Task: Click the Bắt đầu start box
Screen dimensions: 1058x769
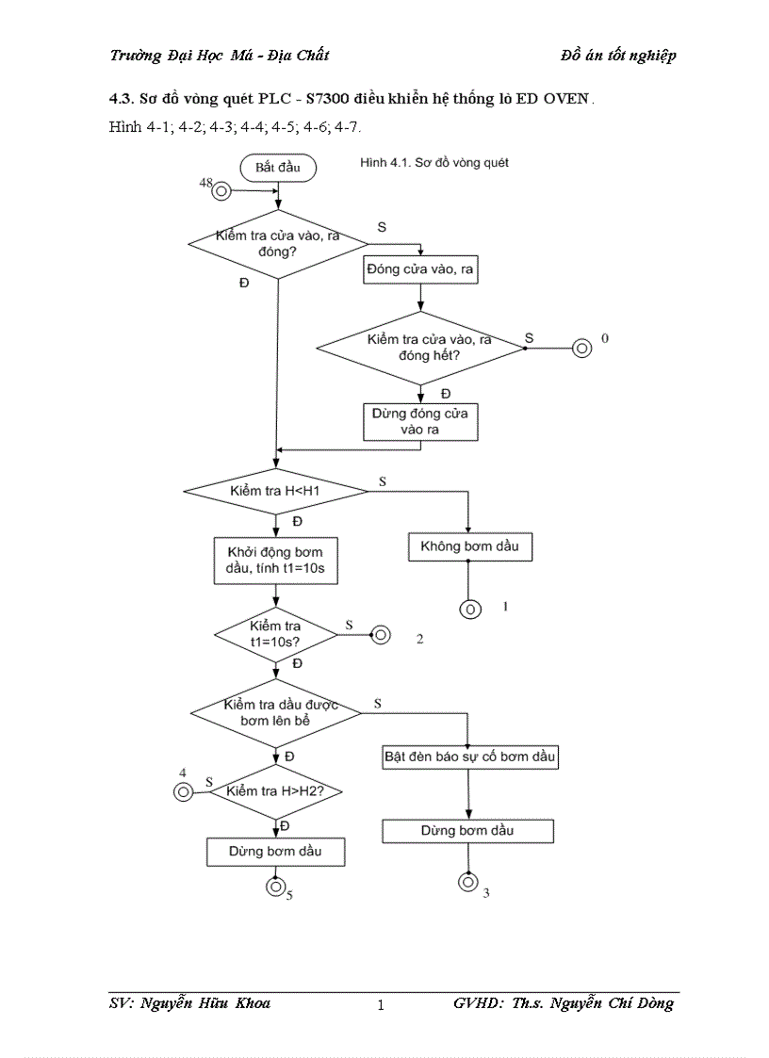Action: click(277, 168)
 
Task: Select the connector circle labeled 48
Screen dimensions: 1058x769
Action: click(222, 191)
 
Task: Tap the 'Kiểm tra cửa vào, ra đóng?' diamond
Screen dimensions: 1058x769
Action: click(278, 244)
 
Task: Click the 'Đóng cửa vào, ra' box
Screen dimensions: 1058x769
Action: click(419, 270)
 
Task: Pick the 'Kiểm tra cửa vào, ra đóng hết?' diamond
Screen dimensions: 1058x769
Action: click(419, 348)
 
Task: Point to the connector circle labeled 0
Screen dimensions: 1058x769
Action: click(581, 349)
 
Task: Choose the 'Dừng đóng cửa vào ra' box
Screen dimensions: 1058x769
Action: click(419, 421)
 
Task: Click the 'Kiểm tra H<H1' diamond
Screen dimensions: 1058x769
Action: click(275, 491)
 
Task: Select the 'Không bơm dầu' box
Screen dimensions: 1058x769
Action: click(468, 545)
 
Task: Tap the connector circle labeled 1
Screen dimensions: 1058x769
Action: click(469, 609)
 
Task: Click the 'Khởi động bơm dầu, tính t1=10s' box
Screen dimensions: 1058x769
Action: click(275, 562)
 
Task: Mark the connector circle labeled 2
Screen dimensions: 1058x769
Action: click(382, 635)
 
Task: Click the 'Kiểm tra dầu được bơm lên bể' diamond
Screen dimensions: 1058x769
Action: click(276, 713)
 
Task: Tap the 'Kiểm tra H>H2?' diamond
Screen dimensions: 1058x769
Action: click(275, 791)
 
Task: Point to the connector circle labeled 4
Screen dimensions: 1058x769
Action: click(183, 791)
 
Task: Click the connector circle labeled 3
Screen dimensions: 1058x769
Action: click(467, 882)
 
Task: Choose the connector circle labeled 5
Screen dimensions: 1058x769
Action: click(274, 886)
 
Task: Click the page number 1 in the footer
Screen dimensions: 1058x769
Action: click(381, 1005)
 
